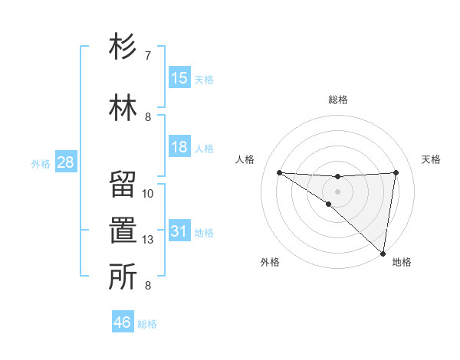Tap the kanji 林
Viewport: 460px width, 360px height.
click(123, 107)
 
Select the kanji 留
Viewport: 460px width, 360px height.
click(123, 186)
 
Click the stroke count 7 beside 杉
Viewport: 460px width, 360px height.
click(148, 56)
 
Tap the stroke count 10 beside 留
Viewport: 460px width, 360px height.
click(148, 194)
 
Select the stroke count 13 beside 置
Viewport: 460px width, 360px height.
click(148, 240)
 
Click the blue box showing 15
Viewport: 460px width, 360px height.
click(179, 78)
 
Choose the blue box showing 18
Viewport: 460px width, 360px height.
click(179, 147)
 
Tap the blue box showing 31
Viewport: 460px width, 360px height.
click(179, 231)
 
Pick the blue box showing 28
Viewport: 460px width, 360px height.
click(65, 162)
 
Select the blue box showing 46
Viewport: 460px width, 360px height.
click(123, 322)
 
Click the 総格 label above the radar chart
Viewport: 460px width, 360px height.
click(338, 100)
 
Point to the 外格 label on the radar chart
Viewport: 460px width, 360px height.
click(269, 262)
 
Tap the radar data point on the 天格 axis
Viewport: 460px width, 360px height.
click(396, 172)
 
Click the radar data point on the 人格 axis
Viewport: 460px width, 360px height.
click(279, 172)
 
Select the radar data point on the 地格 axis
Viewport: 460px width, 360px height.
click(383, 253)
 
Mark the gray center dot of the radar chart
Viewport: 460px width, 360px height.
click(337, 190)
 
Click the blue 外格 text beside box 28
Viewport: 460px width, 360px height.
click(41, 163)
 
